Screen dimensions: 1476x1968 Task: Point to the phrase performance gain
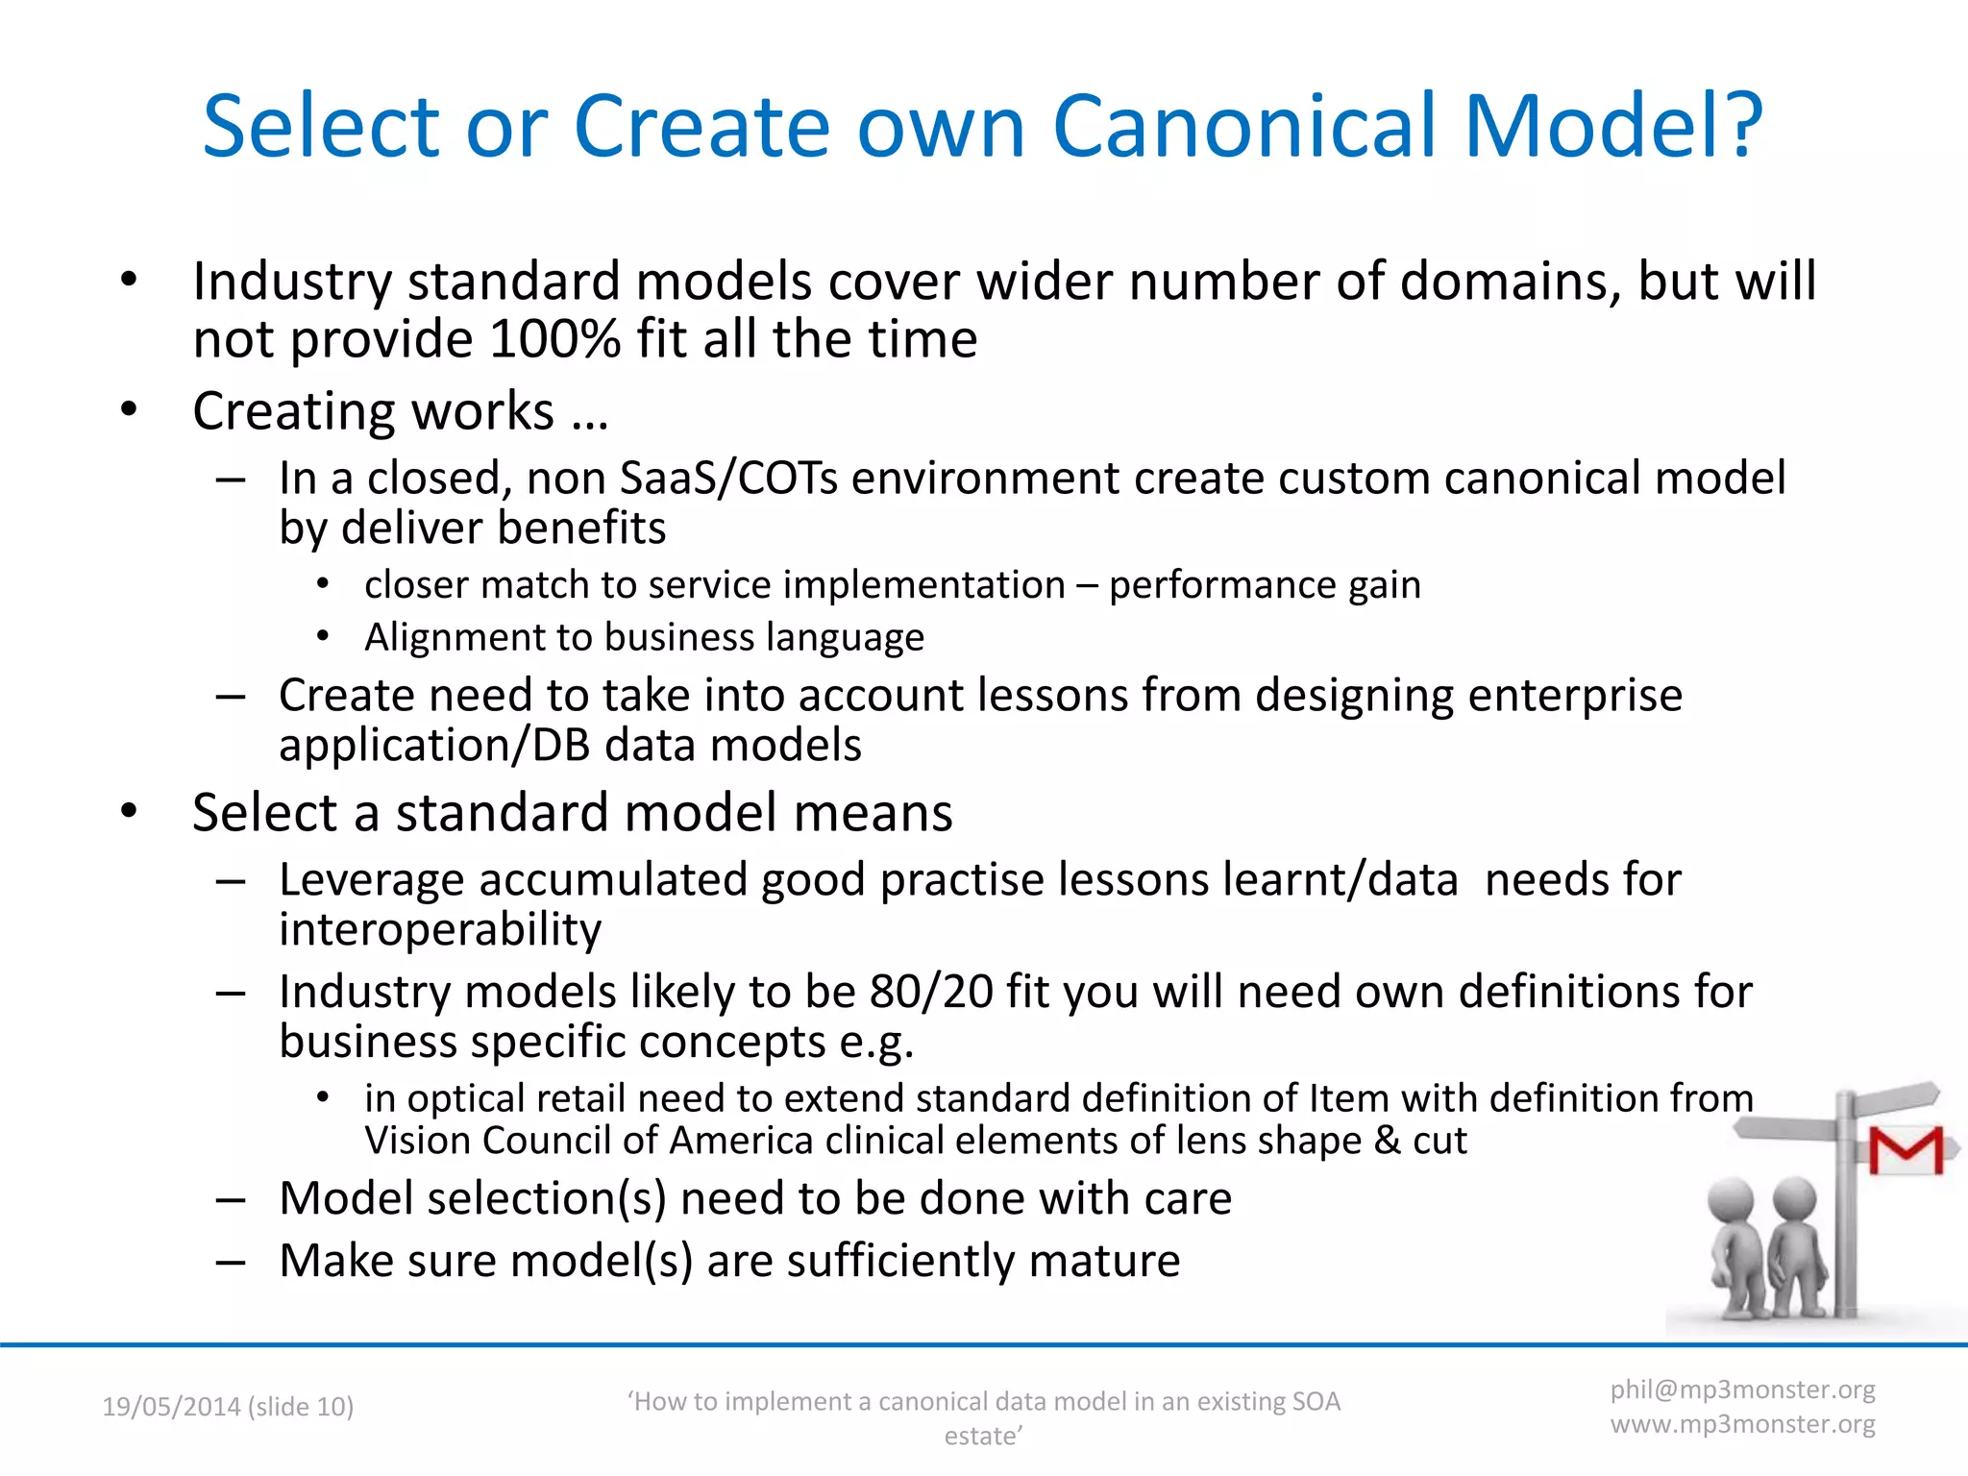coord(1265,584)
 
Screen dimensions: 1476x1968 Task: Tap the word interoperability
coord(440,929)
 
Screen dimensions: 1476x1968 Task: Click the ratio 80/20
coord(931,992)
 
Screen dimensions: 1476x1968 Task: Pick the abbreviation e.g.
coord(876,1043)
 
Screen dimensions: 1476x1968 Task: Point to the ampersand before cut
coord(1387,1141)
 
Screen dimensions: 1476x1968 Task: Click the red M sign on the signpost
coord(1905,1150)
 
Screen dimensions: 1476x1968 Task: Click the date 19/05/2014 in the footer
coord(171,1407)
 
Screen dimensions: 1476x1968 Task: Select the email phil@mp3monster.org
coord(1742,1390)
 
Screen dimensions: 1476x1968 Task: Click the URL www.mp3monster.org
coord(1742,1424)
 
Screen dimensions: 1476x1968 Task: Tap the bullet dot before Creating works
coord(130,410)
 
